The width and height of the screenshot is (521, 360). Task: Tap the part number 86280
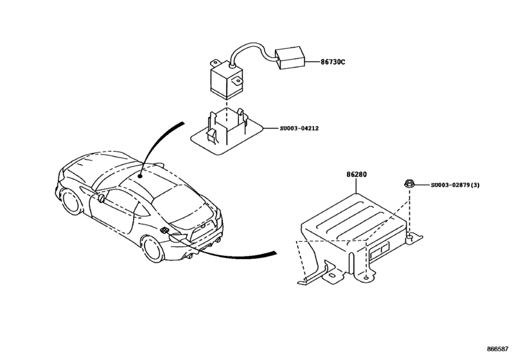coord(357,174)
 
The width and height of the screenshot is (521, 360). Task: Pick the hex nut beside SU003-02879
coord(409,185)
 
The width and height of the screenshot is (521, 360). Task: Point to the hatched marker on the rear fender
coord(165,231)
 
